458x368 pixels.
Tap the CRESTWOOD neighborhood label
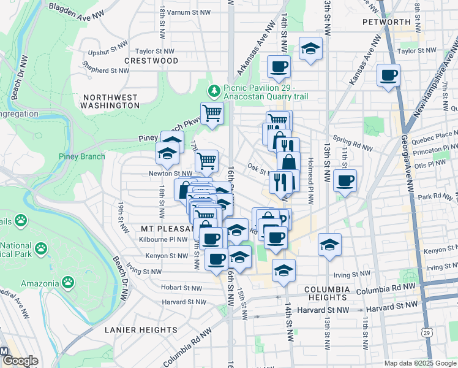click(x=151, y=61)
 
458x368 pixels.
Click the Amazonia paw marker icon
click(x=68, y=283)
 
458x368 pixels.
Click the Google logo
click(x=20, y=361)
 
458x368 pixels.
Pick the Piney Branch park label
click(x=81, y=156)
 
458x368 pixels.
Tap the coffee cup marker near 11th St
click(x=345, y=181)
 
